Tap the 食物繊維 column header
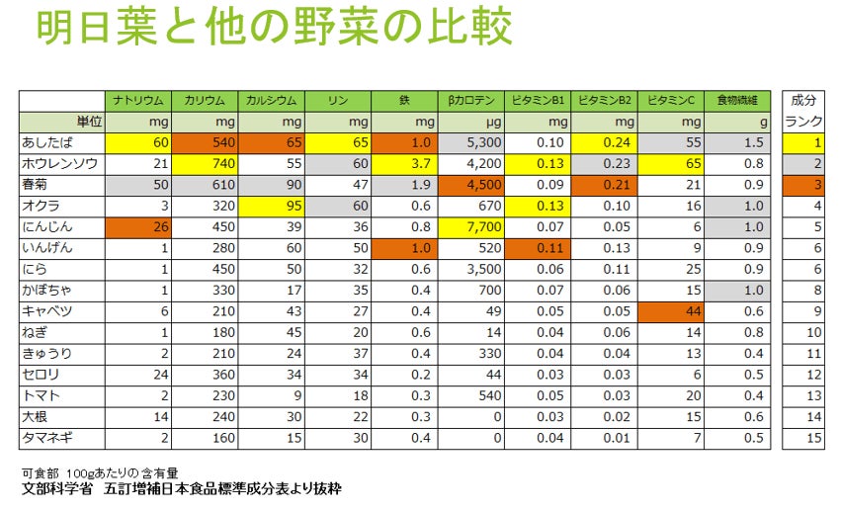tap(738, 100)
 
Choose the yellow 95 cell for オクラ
tap(271, 206)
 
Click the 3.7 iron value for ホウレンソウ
tap(404, 164)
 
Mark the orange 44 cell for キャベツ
tap(671, 311)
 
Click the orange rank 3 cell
tap(802, 185)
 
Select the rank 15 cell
tap(802, 437)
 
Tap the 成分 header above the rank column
tap(802, 100)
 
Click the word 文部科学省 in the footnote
tap(57, 489)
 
